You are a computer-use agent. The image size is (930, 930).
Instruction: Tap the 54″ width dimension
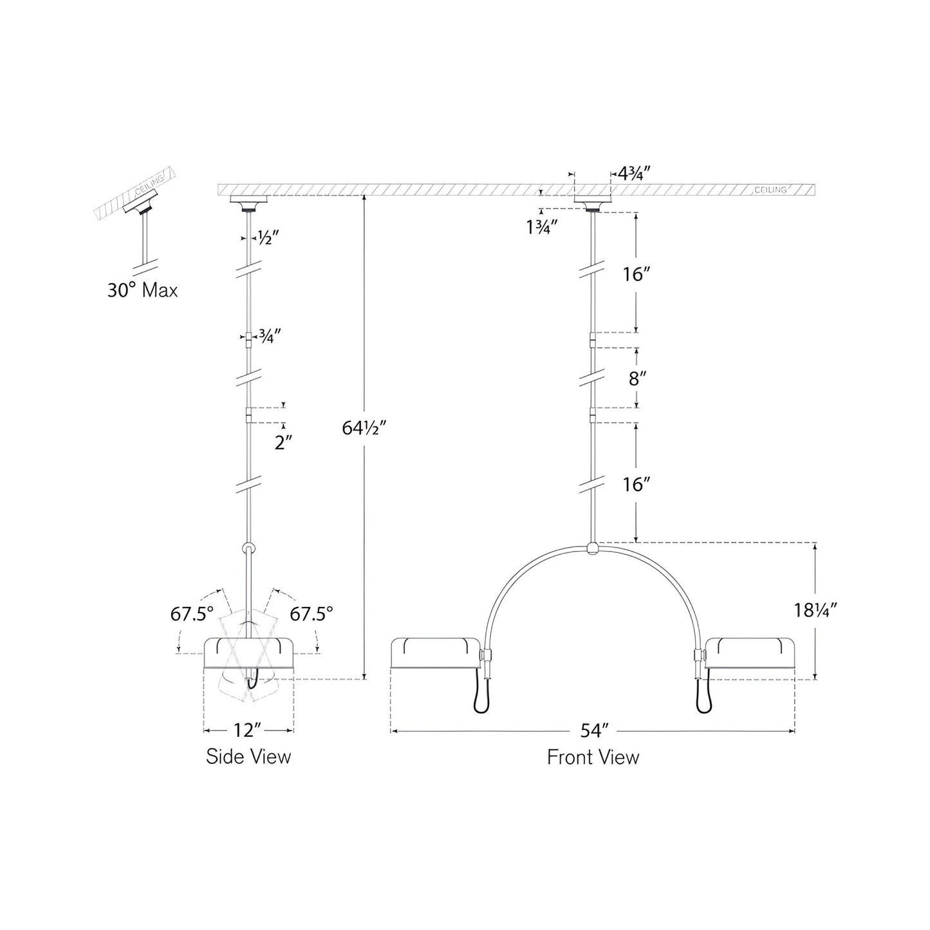[x=594, y=730]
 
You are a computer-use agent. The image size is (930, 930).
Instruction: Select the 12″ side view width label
[x=248, y=730]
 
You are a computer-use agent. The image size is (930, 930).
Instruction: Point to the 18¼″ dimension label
[x=815, y=610]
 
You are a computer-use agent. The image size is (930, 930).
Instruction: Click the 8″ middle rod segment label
[x=637, y=378]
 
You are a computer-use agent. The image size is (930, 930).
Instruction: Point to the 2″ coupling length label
[x=283, y=443]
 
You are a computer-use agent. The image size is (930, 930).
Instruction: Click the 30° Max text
[x=142, y=290]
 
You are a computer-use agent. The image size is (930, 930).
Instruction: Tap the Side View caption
[x=248, y=756]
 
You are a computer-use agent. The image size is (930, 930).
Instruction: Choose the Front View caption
[x=593, y=757]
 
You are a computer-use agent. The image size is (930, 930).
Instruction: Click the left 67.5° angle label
[x=192, y=614]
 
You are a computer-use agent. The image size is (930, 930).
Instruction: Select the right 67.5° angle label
[x=312, y=614]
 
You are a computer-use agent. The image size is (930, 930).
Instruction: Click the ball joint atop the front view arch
[x=593, y=549]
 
